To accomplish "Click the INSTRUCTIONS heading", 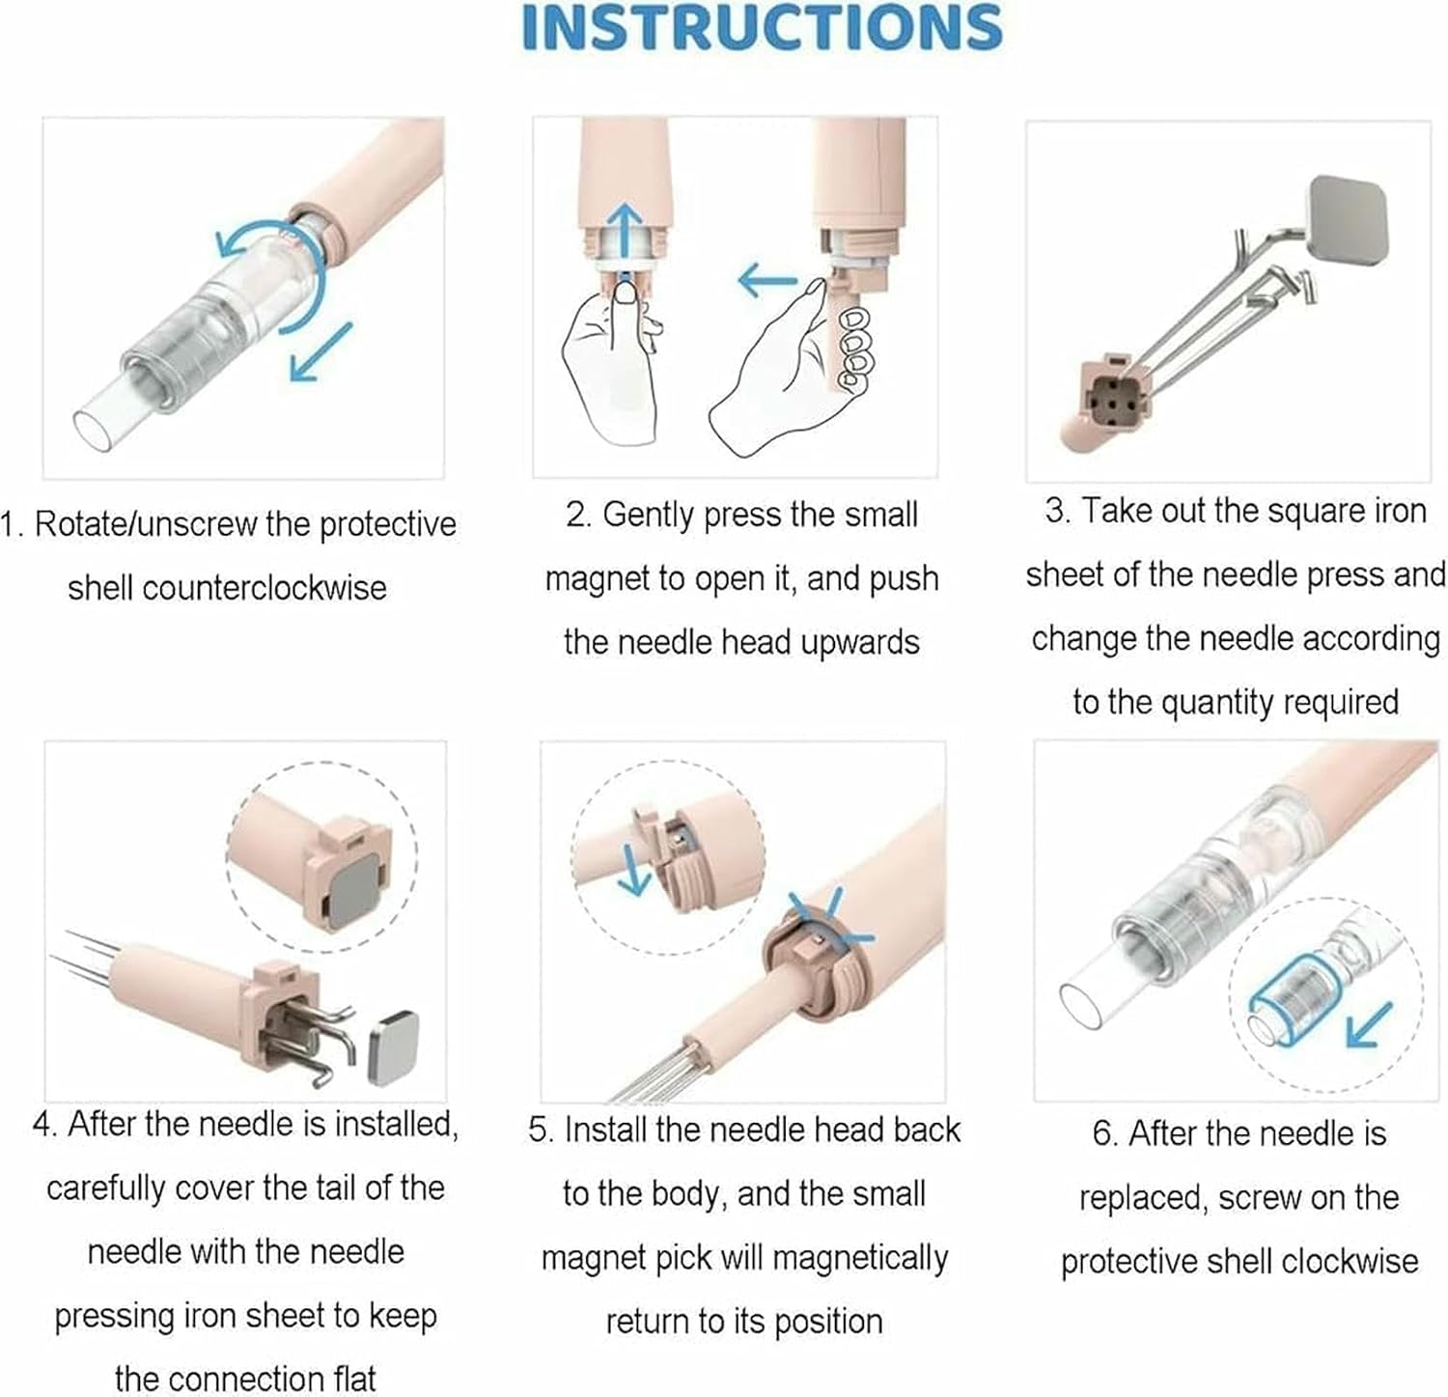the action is (x=762, y=28).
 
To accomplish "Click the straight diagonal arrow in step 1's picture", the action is (x=321, y=351).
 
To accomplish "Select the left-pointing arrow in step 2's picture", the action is (x=767, y=281).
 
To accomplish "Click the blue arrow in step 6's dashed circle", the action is (x=1369, y=1024).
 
